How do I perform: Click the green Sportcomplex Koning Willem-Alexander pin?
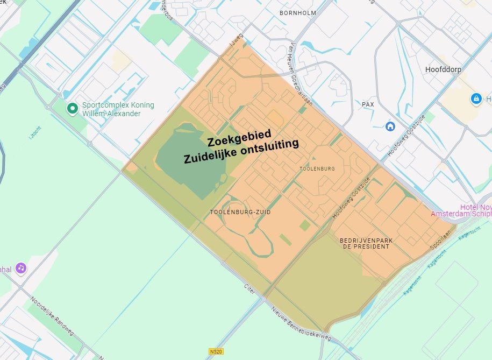tap(72, 109)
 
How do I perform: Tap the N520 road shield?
tap(216, 351)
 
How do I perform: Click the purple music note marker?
tap(20, 267)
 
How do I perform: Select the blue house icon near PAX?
tap(391, 126)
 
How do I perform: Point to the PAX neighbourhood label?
tap(368, 104)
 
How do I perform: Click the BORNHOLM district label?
tap(298, 12)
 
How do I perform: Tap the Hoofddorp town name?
tap(443, 70)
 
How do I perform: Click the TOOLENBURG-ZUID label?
tap(240, 213)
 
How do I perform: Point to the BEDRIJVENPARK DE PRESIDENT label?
tap(364, 243)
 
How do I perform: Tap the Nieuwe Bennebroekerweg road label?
tap(301, 322)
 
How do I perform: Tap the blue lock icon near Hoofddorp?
tap(475, 98)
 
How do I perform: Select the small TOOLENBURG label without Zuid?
tap(317, 168)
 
